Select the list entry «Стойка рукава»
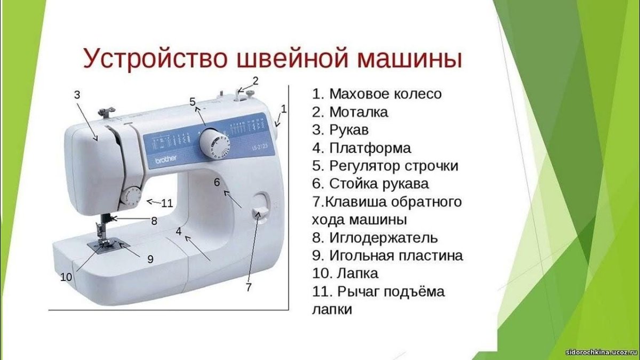(378, 184)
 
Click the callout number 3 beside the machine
(77, 95)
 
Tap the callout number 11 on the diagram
(167, 203)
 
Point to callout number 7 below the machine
(249, 287)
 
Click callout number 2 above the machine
(255, 81)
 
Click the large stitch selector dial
(214, 142)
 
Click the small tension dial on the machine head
(130, 196)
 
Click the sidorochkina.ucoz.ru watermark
(601, 354)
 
